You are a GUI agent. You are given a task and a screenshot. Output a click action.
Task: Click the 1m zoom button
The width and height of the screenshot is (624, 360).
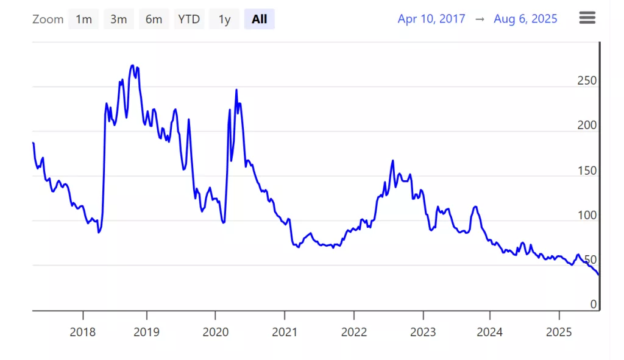click(x=83, y=19)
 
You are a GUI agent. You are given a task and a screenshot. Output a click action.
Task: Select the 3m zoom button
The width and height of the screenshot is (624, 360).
click(x=118, y=19)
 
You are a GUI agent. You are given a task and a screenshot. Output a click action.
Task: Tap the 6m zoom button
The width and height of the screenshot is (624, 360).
click(x=154, y=19)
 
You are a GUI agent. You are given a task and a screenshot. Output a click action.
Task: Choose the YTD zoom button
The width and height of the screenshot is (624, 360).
click(x=189, y=19)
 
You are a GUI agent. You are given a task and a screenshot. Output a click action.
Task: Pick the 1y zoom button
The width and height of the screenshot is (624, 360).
click(x=224, y=19)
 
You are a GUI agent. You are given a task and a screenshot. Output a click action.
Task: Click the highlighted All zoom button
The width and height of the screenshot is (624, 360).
click(x=260, y=19)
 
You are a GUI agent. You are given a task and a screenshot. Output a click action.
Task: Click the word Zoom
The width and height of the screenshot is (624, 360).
click(x=48, y=19)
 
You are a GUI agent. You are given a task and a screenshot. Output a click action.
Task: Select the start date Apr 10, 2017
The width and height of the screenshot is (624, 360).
click(x=431, y=19)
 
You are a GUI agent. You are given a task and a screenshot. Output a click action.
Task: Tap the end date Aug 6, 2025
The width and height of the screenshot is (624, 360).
click(x=525, y=19)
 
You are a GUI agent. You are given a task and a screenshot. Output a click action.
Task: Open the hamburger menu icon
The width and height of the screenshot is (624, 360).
click(x=587, y=18)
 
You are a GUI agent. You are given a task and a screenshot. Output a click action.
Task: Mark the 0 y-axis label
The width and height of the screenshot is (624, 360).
click(x=593, y=305)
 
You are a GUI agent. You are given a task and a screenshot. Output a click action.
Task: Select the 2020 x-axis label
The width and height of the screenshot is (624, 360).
click(x=215, y=332)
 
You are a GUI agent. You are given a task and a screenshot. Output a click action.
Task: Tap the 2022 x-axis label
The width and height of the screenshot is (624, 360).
click(x=354, y=332)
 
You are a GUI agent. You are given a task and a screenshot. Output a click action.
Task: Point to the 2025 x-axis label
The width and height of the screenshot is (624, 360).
click(x=559, y=332)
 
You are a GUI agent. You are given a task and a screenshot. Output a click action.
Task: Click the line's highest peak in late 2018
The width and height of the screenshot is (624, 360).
click(x=133, y=66)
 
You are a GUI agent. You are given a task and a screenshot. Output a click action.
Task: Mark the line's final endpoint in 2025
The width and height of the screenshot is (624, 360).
click(x=598, y=274)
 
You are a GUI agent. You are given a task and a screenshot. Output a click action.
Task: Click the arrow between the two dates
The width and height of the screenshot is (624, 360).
click(x=480, y=19)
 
